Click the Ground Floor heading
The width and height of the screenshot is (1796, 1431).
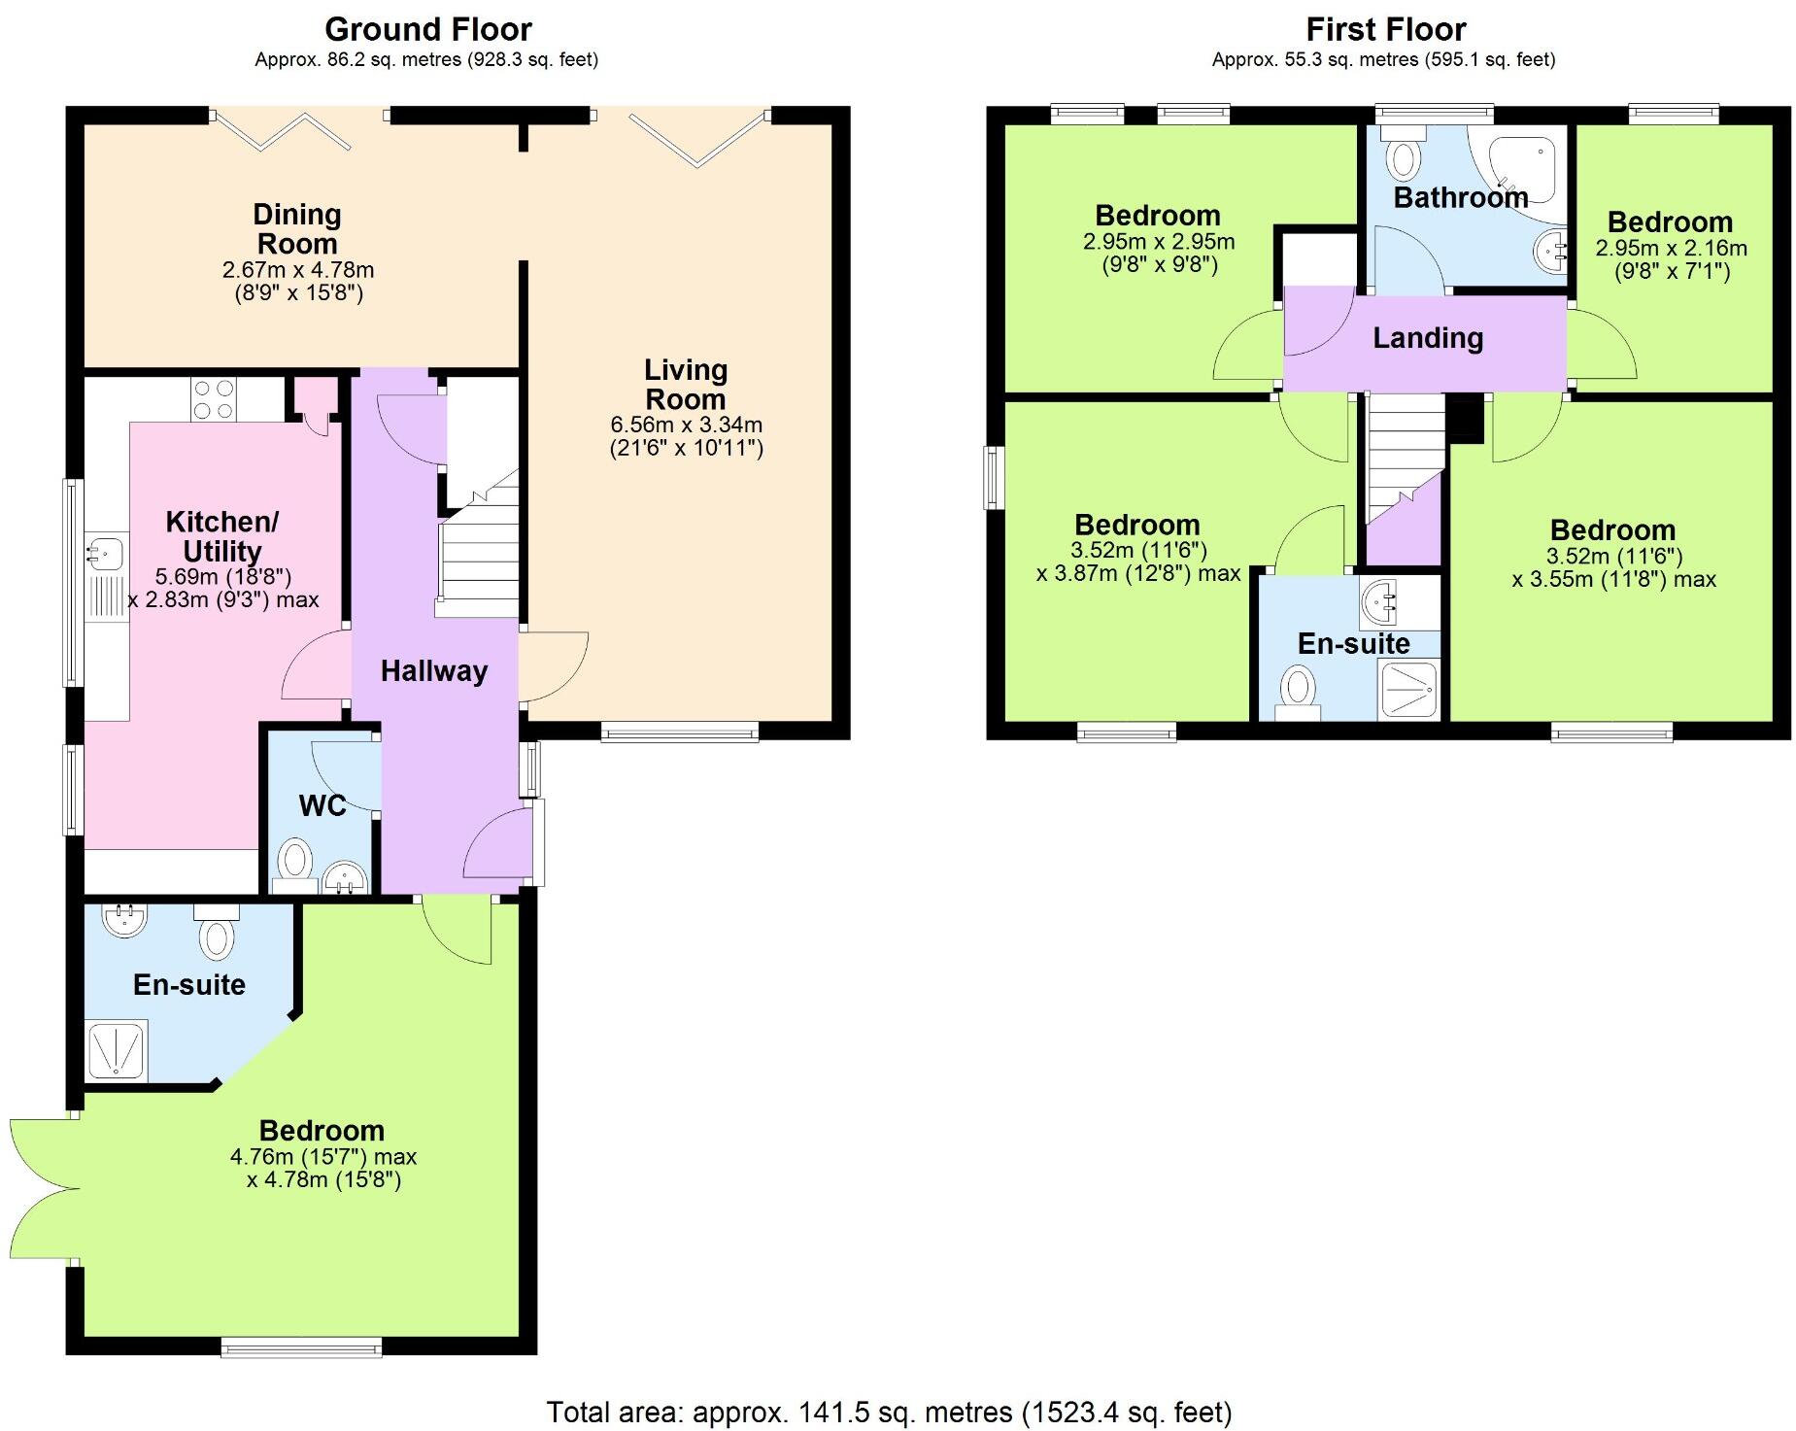click(427, 29)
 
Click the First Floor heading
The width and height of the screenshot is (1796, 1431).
click(1385, 29)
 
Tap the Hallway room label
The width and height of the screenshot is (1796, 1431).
click(433, 670)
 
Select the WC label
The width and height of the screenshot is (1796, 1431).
click(322, 805)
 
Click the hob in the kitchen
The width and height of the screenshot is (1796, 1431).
click(213, 399)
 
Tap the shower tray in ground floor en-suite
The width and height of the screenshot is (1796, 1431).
click(117, 1048)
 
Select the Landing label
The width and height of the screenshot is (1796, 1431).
click(1427, 338)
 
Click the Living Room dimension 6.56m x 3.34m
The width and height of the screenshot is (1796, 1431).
click(686, 425)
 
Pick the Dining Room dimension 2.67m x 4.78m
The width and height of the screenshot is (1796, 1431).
click(297, 270)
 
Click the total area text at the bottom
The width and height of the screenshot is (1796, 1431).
click(888, 1412)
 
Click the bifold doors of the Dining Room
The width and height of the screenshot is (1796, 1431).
click(282, 131)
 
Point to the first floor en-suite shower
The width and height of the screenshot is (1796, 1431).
click(1408, 691)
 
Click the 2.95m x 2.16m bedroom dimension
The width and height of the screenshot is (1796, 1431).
click(1671, 249)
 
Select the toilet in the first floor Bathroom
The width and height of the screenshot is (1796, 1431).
click(1403, 156)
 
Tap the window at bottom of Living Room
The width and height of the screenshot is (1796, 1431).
click(679, 733)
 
